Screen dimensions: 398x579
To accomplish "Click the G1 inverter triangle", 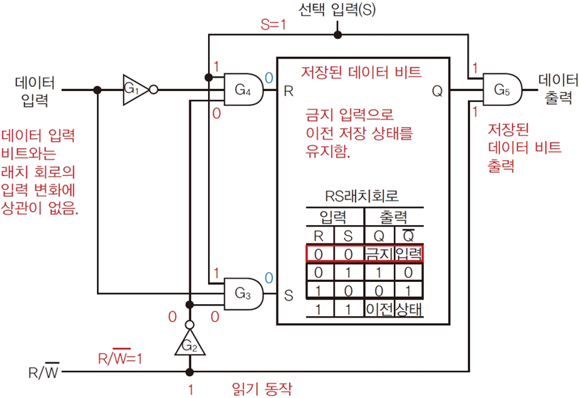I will [133, 90].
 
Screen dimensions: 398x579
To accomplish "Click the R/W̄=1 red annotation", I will [120, 358].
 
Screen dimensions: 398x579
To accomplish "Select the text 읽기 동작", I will [262, 388].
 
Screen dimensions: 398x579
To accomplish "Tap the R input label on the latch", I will [288, 90].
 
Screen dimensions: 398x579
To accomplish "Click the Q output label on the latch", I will [437, 90].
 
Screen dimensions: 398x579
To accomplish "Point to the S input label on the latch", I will [288, 293].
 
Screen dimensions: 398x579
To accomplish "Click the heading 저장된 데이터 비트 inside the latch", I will [362, 71].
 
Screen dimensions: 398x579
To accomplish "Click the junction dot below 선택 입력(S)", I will [338, 34].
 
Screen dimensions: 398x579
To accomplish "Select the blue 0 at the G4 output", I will [268, 77].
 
